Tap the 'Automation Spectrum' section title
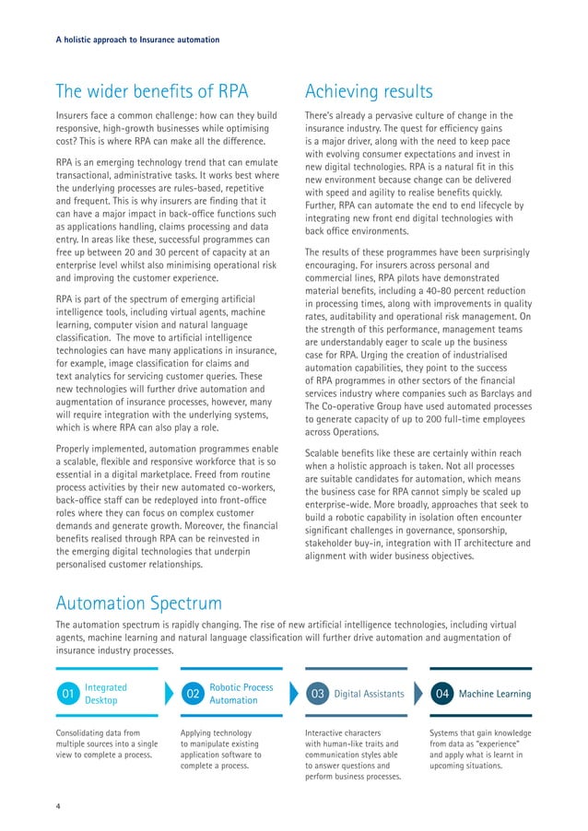coord(139,603)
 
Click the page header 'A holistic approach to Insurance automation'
coord(137,40)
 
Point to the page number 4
coord(58,807)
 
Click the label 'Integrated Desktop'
coord(106,693)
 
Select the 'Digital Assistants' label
coord(369,693)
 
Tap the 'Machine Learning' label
coord(495,693)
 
